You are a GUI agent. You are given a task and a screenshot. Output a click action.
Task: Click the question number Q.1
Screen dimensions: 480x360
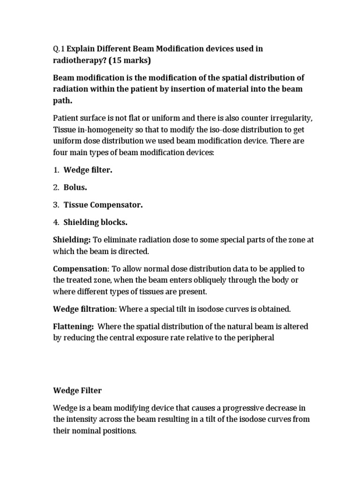tap(58, 49)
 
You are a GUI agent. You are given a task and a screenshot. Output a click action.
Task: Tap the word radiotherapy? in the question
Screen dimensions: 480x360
tap(77, 61)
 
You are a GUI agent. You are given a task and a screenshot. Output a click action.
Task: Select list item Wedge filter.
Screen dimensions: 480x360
tap(88, 170)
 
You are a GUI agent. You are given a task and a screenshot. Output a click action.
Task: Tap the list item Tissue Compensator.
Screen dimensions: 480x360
tap(103, 205)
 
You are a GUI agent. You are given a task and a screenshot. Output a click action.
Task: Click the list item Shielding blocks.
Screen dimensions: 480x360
tap(95, 222)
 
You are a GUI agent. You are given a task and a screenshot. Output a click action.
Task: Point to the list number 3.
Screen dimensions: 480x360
tap(55, 205)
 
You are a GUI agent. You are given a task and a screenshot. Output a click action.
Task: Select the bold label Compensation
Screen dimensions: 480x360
tap(80, 269)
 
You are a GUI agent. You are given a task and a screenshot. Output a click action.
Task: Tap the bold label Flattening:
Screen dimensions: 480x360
tap(74, 326)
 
